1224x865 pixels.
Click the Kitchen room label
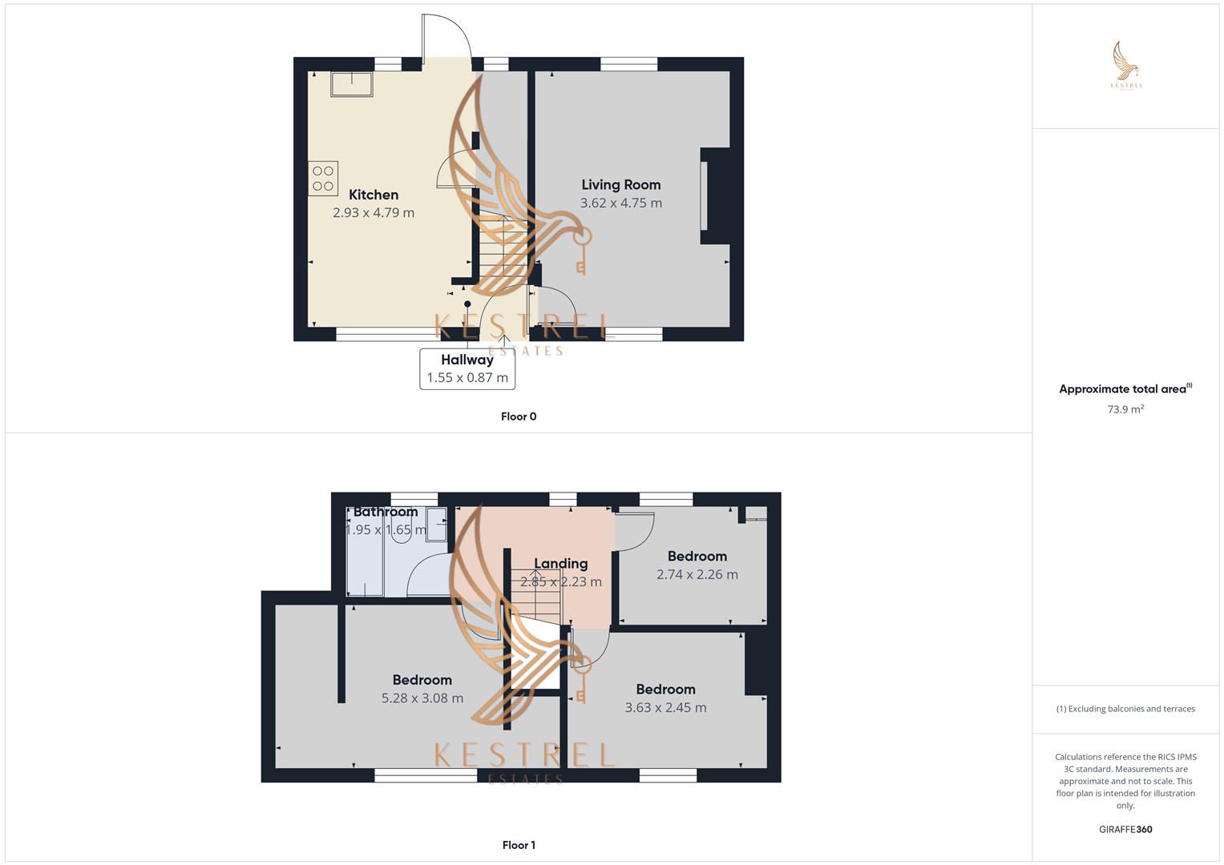tap(374, 195)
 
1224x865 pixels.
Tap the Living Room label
tap(620, 185)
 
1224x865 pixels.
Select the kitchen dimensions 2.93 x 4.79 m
tap(374, 213)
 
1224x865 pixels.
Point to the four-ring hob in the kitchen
tap(323, 178)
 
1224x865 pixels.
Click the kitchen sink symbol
tap(352, 85)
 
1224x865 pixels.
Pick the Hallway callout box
tap(467, 368)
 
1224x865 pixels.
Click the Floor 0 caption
tap(519, 416)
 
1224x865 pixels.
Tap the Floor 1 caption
tap(519, 845)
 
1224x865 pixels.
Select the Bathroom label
tap(386, 513)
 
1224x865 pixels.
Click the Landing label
tap(560, 564)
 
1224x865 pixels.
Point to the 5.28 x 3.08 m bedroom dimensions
tap(422, 698)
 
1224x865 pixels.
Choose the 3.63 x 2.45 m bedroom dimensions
tap(665, 708)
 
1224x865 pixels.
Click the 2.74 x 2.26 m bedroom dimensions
tap(697, 574)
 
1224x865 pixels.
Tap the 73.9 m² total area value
tap(1125, 409)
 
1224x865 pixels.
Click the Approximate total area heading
tap(1125, 388)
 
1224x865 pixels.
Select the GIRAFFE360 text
tap(1125, 830)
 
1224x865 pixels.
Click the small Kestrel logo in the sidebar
tap(1126, 66)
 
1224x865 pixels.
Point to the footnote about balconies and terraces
tap(1125, 709)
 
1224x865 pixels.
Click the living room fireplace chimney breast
tap(716, 195)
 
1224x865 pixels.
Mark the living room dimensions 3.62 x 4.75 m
tap(620, 203)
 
